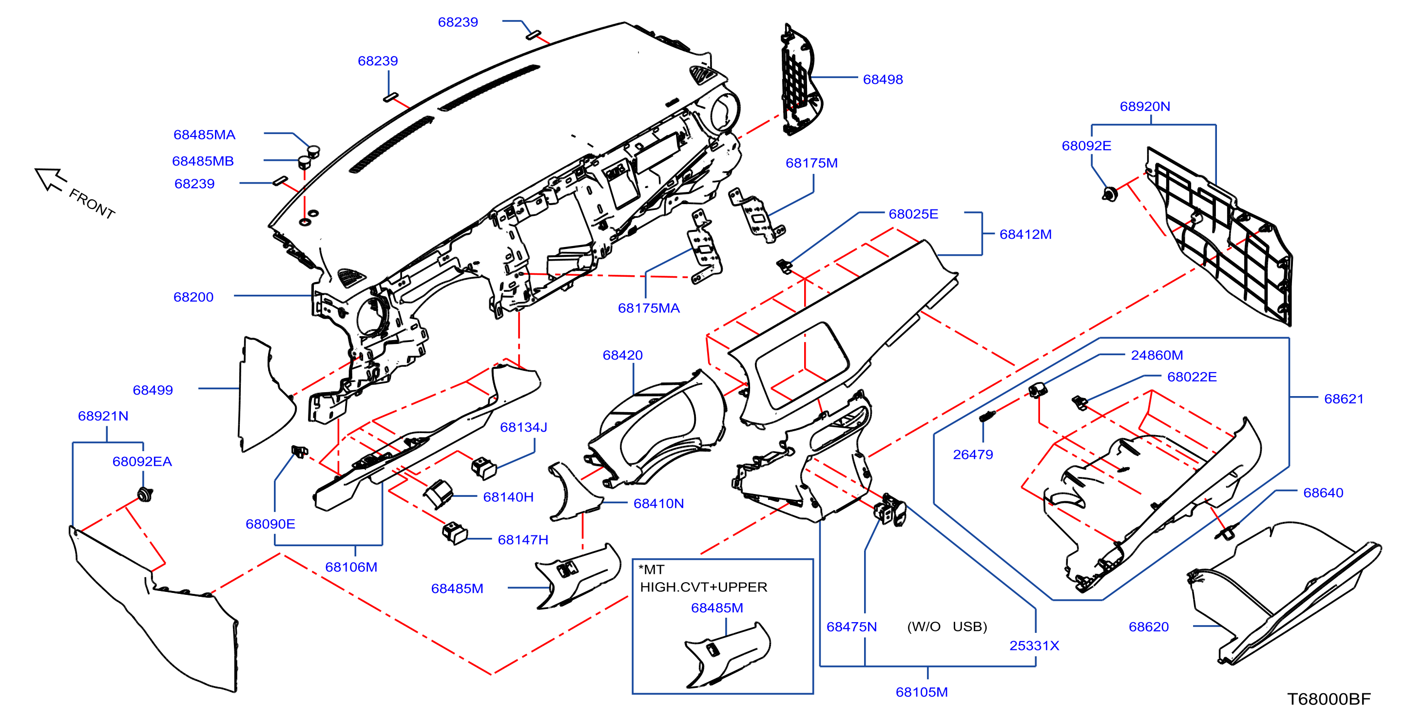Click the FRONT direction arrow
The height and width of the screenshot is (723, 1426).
[50, 179]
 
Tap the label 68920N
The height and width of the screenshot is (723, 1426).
[1145, 106]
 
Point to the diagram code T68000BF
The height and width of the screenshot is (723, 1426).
[1329, 699]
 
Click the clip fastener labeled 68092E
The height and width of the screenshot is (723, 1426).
[1109, 194]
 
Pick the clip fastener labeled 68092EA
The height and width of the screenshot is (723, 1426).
[145, 495]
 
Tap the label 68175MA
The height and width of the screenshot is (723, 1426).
[648, 308]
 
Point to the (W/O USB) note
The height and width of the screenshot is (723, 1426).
[946, 627]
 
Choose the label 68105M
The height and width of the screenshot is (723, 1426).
[922, 692]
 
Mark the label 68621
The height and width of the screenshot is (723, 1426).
[1344, 399]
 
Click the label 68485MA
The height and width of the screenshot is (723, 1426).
[204, 135]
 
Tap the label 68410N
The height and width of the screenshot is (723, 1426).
[658, 504]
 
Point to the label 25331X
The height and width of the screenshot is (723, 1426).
[1034, 646]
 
